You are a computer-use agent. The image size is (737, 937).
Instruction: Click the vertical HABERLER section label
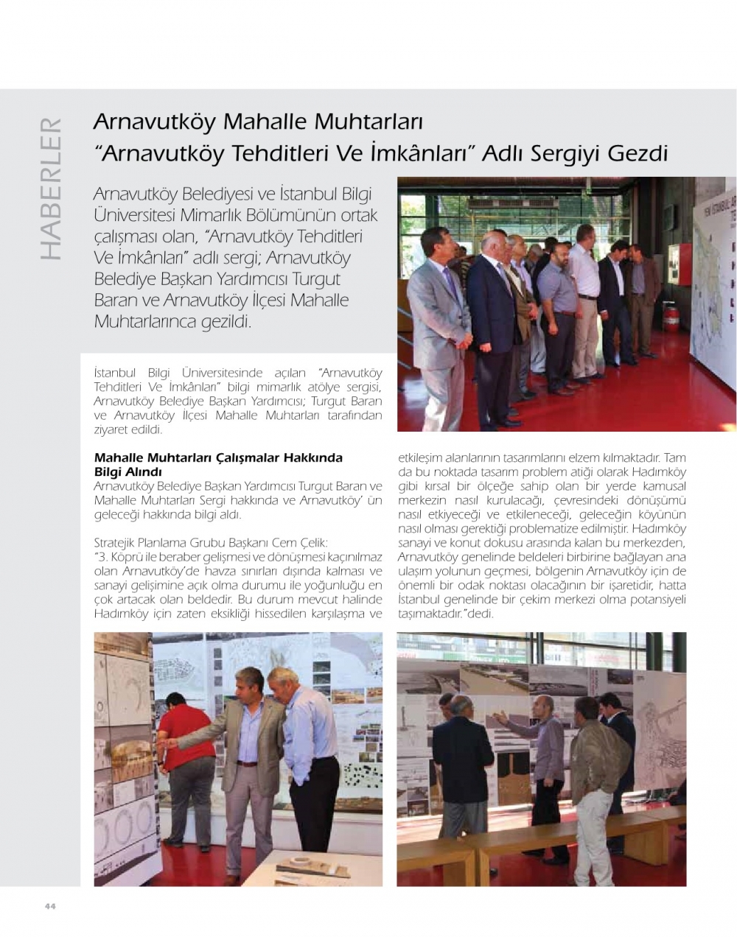click(49, 188)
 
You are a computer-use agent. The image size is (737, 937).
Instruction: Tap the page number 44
click(50, 906)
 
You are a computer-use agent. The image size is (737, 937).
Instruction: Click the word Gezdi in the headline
click(638, 154)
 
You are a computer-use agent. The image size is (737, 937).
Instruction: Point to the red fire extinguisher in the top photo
click(671, 317)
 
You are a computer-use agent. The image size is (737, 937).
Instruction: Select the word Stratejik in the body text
click(116, 543)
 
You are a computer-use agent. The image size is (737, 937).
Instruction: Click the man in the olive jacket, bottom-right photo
click(598, 773)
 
